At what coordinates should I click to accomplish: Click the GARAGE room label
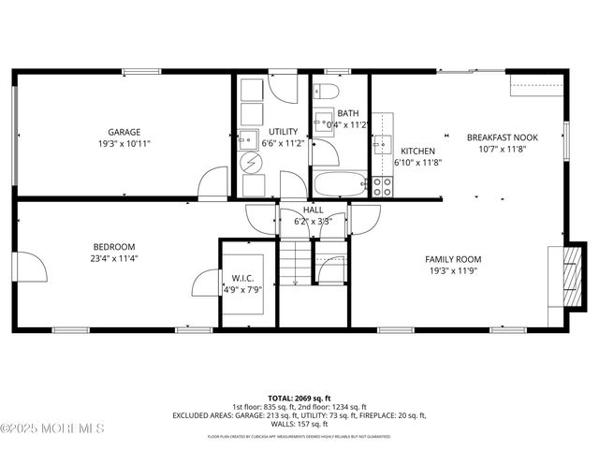coord(124,132)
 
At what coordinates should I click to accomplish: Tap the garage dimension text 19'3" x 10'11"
coord(124,144)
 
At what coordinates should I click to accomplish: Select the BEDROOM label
coord(114,247)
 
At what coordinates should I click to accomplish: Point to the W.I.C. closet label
coord(242,278)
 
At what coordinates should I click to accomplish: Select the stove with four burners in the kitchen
coord(382,186)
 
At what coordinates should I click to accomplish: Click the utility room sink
coord(248,140)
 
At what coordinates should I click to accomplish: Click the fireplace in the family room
coord(561,277)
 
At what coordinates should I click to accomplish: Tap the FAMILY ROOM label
coord(452,259)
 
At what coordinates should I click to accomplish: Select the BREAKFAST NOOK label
coord(503,138)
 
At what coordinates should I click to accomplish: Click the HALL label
coord(313,210)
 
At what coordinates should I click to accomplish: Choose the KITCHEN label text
coord(417,151)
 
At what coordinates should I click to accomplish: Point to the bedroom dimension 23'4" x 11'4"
coord(114,259)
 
